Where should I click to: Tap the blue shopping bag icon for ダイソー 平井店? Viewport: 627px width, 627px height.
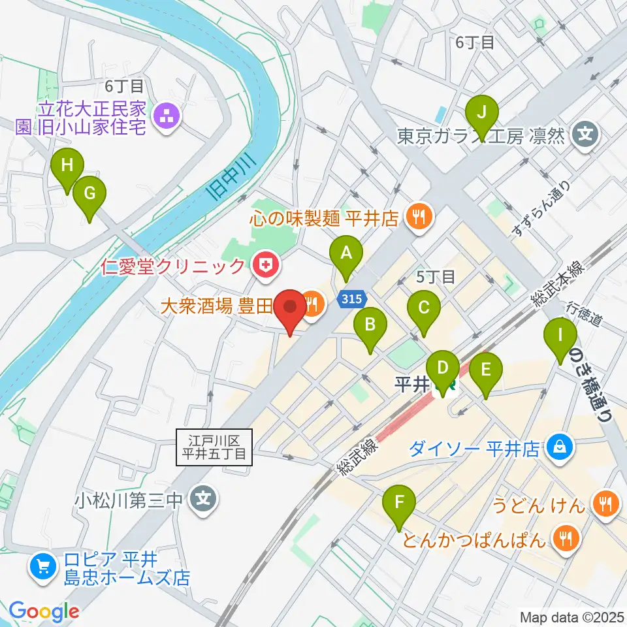coord(560,447)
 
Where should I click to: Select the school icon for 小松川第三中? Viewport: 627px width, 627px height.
coord(204,501)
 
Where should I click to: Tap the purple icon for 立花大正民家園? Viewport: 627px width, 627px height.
coord(165,118)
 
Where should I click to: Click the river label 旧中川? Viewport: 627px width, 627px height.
coord(224,182)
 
